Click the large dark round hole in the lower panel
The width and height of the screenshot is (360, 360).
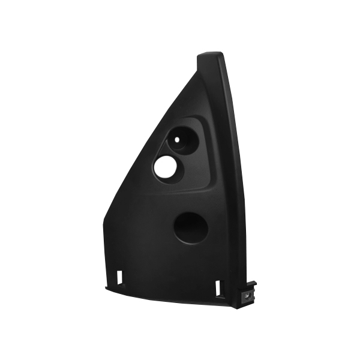point(191,227)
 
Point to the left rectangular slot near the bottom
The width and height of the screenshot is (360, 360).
point(119,277)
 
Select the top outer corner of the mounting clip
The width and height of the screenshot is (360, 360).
point(256,281)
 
